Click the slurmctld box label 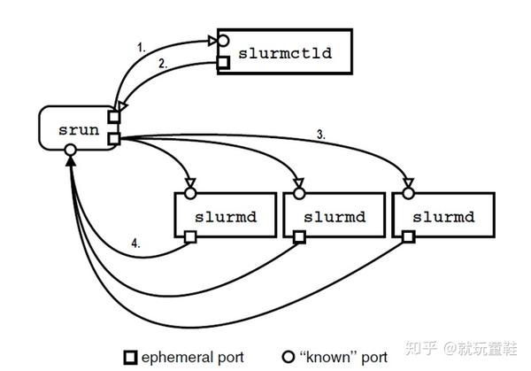point(285,53)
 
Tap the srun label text point(79,130)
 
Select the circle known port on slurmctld point(223,41)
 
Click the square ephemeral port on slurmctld point(223,63)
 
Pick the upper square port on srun point(114,117)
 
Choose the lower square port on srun point(114,139)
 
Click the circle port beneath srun point(71,150)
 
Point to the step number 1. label point(142,48)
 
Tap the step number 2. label point(163,64)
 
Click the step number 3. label point(321,135)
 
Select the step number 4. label point(135,243)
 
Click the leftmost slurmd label point(226,217)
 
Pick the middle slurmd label point(335,217)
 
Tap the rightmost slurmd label point(443,217)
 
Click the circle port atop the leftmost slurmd point(190,193)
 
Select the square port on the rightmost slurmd point(408,236)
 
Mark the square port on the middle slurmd point(299,236)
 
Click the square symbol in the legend point(130,358)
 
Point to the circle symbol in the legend point(289,357)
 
